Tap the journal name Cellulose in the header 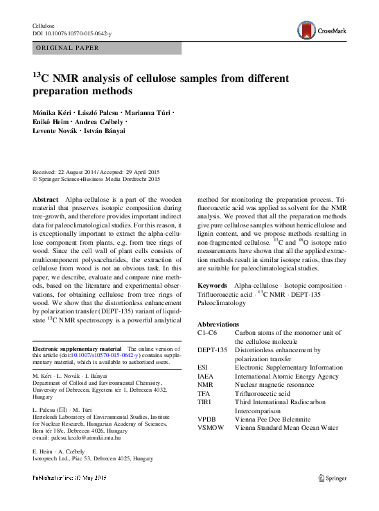(x=44, y=24)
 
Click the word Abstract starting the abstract (x=46, y=199)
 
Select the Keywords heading (x=212, y=285)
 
